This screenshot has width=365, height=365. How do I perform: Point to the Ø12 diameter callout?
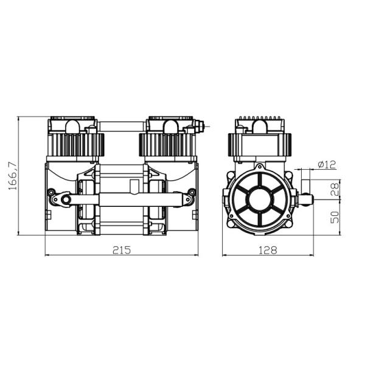tap(327, 165)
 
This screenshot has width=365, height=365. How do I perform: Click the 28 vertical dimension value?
tap(334, 189)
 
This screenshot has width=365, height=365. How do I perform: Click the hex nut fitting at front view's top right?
tap(198, 127)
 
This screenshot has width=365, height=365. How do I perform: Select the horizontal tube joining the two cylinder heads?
tap(121, 127)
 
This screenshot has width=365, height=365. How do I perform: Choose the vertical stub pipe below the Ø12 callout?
tap(305, 182)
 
